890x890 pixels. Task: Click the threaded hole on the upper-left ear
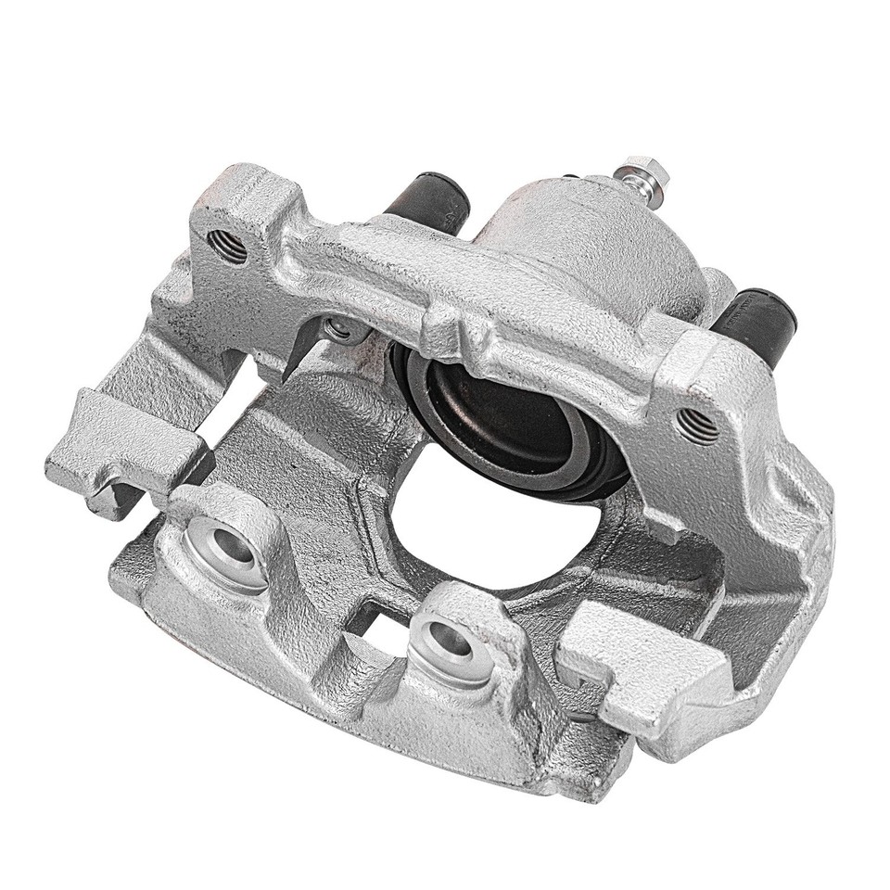pos(226,246)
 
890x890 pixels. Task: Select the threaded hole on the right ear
pos(696,426)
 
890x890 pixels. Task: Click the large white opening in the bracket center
pos(491,538)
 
